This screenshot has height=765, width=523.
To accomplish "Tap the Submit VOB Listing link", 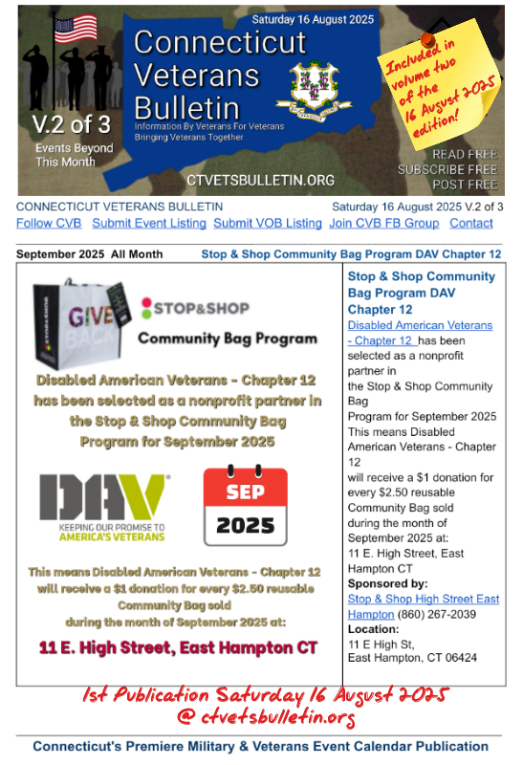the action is (x=267, y=223).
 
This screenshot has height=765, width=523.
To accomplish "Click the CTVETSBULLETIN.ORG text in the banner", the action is (x=260, y=180).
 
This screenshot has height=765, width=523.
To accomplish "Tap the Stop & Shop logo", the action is (x=195, y=308).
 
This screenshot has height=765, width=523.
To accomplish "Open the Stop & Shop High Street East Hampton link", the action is (x=423, y=606).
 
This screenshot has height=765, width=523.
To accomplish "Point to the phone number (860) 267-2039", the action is (x=443, y=614).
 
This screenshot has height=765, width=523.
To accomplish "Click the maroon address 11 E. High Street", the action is (x=178, y=647).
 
